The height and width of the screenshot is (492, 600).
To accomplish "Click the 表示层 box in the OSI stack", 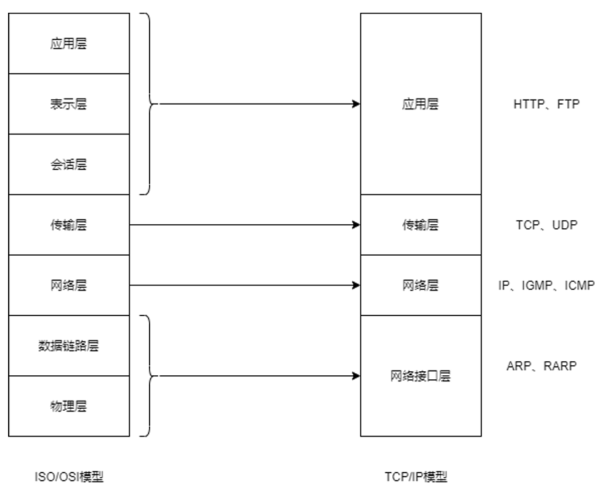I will click(x=69, y=104).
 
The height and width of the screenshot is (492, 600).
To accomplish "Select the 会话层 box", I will click(x=69, y=164).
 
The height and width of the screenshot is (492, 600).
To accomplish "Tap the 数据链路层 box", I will click(x=69, y=346).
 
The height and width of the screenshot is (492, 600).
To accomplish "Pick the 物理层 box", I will click(x=69, y=406).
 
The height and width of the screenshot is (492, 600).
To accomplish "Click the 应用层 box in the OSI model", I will click(x=69, y=44).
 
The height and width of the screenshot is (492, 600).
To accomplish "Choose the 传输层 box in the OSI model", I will click(x=69, y=225).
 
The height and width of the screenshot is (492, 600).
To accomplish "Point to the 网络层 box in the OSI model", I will click(x=69, y=285).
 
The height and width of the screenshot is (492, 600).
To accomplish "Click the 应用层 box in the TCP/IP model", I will click(x=420, y=104).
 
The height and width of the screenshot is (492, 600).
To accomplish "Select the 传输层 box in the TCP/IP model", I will click(x=420, y=225).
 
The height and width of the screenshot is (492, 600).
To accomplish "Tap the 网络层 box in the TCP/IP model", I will click(x=420, y=285).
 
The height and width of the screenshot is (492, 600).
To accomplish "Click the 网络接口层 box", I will click(x=420, y=376).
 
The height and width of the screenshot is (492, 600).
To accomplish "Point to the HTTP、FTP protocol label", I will click(x=546, y=104).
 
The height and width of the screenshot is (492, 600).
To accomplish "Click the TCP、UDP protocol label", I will click(x=546, y=225).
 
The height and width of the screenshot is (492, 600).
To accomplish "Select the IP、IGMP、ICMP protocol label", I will click(x=546, y=285).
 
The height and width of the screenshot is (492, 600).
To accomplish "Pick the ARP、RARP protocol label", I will click(x=541, y=366).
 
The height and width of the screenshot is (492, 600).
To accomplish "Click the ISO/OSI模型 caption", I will click(x=69, y=477).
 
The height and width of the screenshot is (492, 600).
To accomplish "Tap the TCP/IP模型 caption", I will click(x=416, y=477).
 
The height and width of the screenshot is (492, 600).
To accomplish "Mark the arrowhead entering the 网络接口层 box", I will click(x=356, y=376).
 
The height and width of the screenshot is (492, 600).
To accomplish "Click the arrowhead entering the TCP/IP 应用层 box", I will click(x=356, y=104).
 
